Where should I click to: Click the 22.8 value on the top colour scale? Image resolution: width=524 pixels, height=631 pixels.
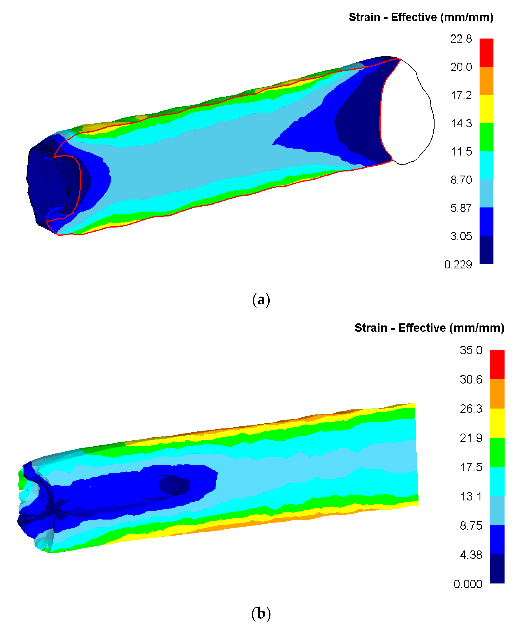[x=461, y=39]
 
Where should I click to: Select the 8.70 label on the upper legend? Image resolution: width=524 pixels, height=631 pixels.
[x=461, y=180]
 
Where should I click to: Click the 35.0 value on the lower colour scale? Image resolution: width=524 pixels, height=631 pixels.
[x=471, y=350]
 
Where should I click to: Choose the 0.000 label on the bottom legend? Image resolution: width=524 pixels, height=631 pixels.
[x=468, y=584]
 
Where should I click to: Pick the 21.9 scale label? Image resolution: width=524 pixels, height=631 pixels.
[x=471, y=438]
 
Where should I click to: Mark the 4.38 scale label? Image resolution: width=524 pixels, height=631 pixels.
[x=471, y=555]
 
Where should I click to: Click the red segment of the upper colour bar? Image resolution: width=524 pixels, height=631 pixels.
[x=486, y=53]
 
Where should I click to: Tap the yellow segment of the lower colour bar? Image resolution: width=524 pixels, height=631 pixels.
[x=497, y=423]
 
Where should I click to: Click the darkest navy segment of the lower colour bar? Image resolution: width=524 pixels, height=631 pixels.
[x=497, y=569]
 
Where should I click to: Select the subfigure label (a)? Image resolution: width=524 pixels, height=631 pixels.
[x=261, y=300]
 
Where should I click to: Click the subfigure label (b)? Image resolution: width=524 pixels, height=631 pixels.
[x=261, y=613]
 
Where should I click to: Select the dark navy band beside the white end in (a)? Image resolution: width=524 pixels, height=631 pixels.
[x=361, y=126]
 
